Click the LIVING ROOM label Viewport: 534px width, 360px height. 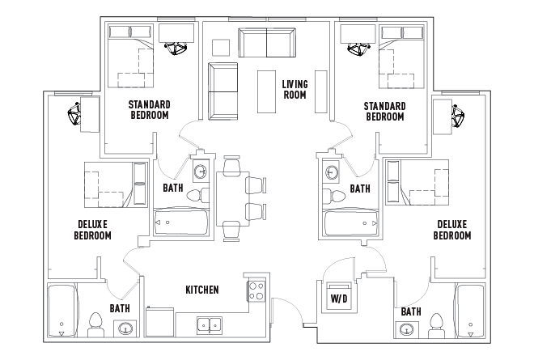point(294,88)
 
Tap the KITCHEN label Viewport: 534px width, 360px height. point(201,290)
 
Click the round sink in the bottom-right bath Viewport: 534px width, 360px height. point(406,328)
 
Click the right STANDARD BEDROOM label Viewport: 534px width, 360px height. point(384,112)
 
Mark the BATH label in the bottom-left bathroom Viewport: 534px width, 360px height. point(120,308)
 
